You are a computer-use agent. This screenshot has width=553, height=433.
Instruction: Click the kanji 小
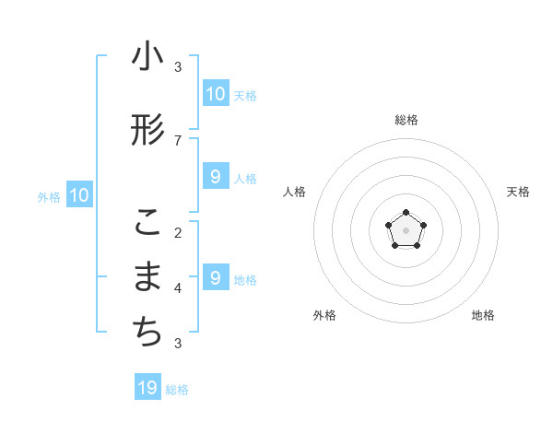[x=147, y=57]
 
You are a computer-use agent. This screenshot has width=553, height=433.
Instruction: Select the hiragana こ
[x=147, y=222]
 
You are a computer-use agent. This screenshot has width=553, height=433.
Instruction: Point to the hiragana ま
[x=147, y=277]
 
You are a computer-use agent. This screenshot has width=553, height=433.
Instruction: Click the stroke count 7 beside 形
[x=178, y=140]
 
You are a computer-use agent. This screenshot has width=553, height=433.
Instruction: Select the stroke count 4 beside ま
[x=178, y=287]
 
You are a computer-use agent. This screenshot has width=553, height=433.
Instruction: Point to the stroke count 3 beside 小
[x=178, y=66]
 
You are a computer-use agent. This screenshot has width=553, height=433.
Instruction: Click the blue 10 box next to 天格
[x=215, y=94]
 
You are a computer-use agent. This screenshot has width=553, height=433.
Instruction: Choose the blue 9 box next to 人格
[x=215, y=177]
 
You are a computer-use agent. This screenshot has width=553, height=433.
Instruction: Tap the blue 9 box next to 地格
[x=215, y=278]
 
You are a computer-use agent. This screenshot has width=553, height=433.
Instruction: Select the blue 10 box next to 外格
[x=78, y=195]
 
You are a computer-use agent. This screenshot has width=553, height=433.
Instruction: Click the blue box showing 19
[x=147, y=388]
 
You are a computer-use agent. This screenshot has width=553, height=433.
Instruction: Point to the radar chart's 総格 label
[x=406, y=120]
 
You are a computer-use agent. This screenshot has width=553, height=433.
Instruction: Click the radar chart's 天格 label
[x=518, y=192]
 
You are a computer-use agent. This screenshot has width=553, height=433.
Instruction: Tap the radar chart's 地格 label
[x=483, y=315]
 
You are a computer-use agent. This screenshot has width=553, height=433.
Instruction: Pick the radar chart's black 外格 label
[x=324, y=315]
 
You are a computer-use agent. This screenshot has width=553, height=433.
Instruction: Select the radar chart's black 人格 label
[x=294, y=192]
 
